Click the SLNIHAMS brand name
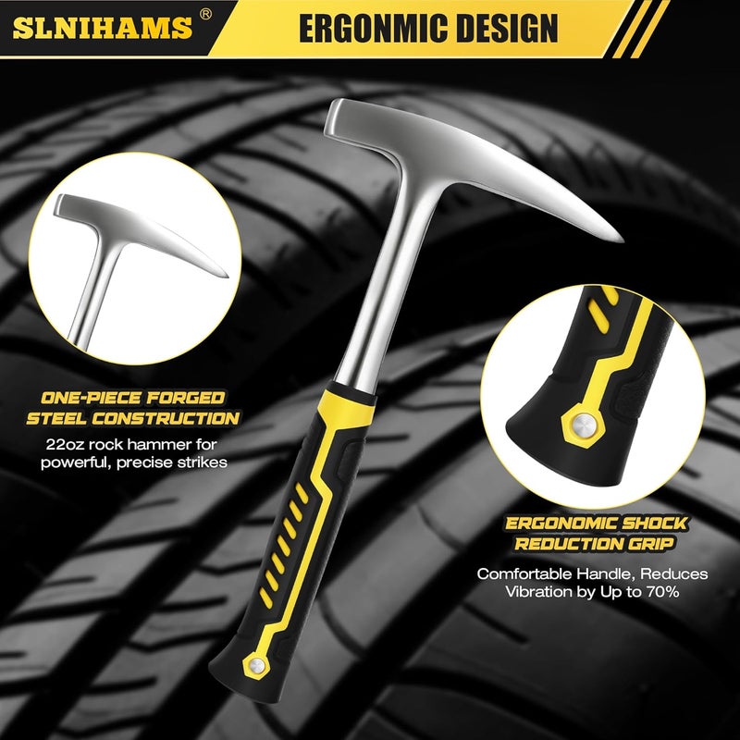coord(103,28)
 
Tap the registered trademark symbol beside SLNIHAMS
coord(205,15)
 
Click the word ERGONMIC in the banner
coord(365,29)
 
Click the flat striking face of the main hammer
coord(334,117)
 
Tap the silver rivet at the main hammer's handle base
coord(256,666)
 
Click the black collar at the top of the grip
coord(352,392)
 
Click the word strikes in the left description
coord(202,462)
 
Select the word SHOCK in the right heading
coord(654,523)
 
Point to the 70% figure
coord(662,591)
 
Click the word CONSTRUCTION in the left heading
coord(166,418)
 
